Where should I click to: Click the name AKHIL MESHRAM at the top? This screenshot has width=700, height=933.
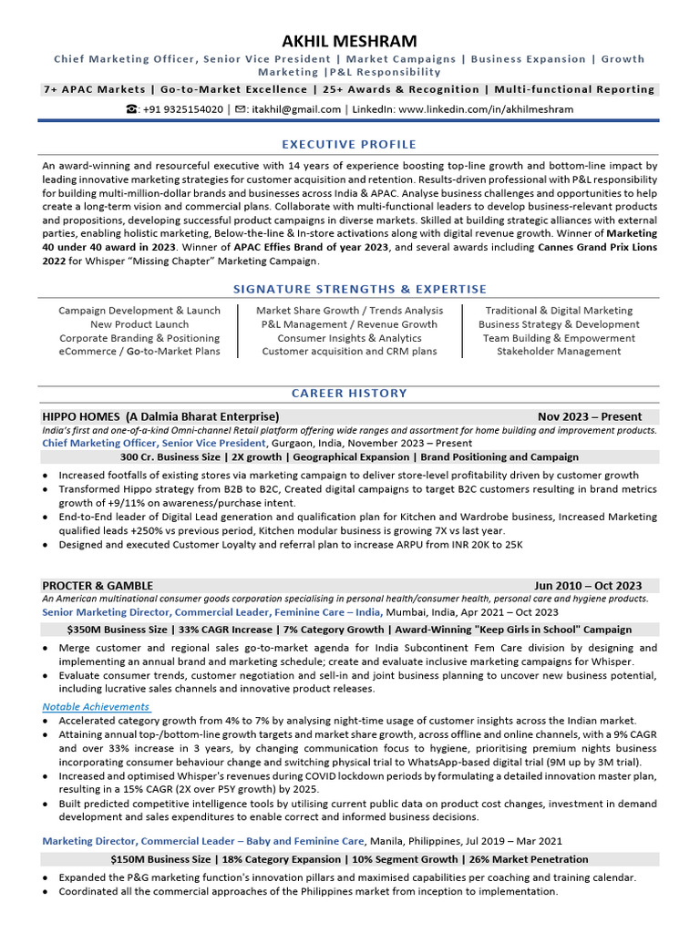pyautogui.click(x=350, y=41)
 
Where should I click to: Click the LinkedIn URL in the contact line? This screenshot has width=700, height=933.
pyautogui.click(x=486, y=109)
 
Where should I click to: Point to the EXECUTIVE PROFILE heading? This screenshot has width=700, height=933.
pyautogui.click(x=349, y=144)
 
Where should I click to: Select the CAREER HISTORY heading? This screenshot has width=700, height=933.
pyautogui.click(x=349, y=394)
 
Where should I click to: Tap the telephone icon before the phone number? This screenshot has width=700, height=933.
pyautogui.click(x=132, y=109)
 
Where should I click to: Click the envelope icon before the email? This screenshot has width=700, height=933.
pyautogui.click(x=241, y=109)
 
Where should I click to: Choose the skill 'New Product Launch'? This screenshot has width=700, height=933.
pyautogui.click(x=139, y=324)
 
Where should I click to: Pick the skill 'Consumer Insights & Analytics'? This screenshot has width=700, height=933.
pyautogui.click(x=349, y=338)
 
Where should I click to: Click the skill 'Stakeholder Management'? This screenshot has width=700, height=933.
pyautogui.click(x=559, y=352)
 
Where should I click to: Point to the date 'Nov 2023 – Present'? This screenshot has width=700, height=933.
pyautogui.click(x=590, y=416)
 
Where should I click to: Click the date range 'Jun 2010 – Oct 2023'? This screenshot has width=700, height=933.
pyautogui.click(x=588, y=586)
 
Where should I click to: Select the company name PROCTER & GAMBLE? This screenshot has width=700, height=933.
pyautogui.click(x=98, y=586)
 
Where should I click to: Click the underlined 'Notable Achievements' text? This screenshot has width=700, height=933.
pyautogui.click(x=96, y=707)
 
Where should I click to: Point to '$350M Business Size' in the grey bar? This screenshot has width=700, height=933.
pyautogui.click(x=118, y=630)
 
